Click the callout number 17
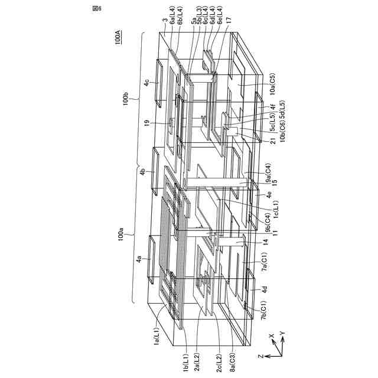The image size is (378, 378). pos(229,20)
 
